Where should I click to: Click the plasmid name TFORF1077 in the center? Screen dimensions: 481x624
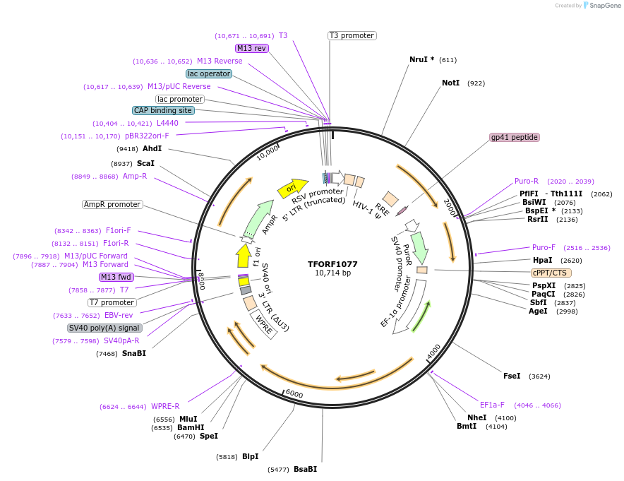[x=332, y=264]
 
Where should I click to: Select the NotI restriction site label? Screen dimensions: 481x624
[x=450, y=83]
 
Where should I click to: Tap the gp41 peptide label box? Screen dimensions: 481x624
[x=515, y=137]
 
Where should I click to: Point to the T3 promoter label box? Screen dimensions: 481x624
[x=352, y=35]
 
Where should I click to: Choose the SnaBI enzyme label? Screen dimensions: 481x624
[x=134, y=353]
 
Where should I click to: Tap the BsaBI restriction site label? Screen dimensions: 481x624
[x=306, y=469]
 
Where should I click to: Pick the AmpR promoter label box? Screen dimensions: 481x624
[x=112, y=204]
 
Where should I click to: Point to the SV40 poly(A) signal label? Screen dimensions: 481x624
[x=104, y=328]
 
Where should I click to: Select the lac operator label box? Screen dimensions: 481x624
[x=209, y=73]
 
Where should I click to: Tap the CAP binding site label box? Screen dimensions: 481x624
[x=162, y=110]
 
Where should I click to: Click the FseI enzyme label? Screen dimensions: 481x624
[x=512, y=376]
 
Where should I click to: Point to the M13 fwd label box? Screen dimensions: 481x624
[x=116, y=277]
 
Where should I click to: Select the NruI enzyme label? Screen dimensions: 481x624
[x=421, y=60]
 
